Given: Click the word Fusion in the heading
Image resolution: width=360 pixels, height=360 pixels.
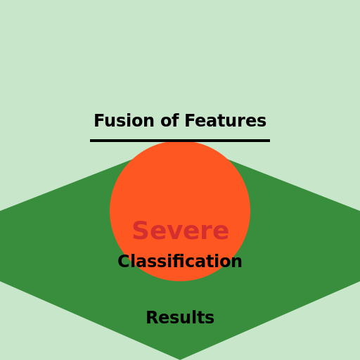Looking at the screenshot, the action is pos(124,121).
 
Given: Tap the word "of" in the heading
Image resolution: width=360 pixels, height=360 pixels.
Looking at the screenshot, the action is pos(169,120).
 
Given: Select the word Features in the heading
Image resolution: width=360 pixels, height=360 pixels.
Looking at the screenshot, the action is pos(226,120).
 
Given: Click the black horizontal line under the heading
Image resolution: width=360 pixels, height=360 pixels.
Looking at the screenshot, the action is pos(180,141).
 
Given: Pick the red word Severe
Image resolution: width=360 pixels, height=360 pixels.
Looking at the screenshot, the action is pos(181,231).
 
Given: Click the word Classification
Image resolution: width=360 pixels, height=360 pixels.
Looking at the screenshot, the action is pos(180,261).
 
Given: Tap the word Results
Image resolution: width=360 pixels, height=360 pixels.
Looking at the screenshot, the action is pos(180,318).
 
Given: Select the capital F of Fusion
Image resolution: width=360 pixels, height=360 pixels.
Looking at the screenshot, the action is pos(99,121).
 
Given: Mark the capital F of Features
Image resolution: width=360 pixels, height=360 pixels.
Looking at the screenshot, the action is pos(190,121).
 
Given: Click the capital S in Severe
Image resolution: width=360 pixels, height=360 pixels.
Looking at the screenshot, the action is pos(140,231).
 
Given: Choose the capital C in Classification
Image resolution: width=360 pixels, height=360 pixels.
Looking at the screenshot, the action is pos(124,261).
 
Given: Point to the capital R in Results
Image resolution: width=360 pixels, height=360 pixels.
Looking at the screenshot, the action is pos(153,318).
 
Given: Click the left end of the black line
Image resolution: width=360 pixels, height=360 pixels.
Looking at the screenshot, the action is pos(90,141).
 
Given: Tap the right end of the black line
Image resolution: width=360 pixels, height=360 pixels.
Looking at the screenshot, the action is pos(270,141).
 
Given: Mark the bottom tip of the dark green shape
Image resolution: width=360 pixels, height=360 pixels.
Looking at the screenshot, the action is pos(180,359).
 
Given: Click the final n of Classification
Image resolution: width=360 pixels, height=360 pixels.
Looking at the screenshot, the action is pos(236,262).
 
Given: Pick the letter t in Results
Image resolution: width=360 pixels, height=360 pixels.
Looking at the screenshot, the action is pos(200,319).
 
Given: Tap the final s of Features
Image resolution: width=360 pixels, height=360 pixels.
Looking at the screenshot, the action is pos(261,122).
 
